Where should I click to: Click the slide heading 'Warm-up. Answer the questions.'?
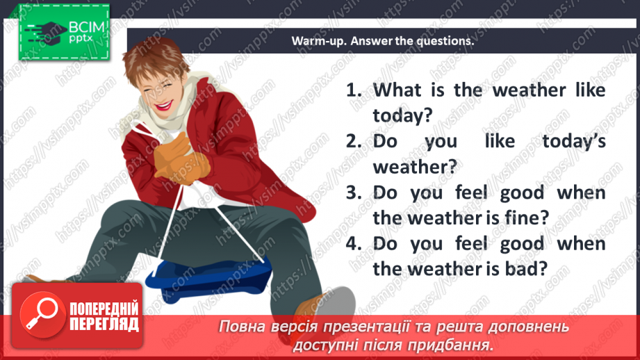coord(383,41)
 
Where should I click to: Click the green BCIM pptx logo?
coord(63,31)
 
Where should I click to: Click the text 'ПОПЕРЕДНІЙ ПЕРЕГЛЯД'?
coord(104,316)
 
